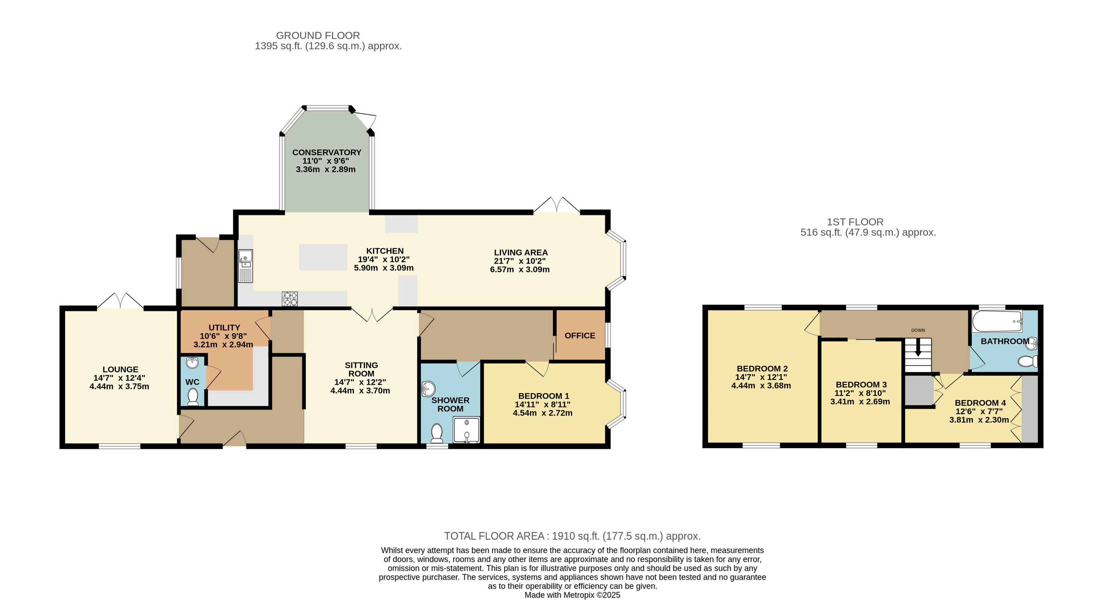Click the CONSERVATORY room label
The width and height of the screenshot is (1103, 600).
[327, 153]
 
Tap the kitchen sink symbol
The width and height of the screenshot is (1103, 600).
[246, 266]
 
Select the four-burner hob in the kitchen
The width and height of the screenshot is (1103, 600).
[290, 299]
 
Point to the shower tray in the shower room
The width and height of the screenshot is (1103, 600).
[466, 430]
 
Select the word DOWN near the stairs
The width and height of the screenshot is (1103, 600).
[918, 330]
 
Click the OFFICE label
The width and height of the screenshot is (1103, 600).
[580, 336]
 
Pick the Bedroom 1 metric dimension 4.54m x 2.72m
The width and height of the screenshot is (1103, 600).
[542, 413]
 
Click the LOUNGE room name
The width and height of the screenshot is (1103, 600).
[120, 369]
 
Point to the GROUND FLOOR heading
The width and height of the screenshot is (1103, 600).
[318, 36]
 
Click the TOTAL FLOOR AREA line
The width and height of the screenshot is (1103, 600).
[572, 536]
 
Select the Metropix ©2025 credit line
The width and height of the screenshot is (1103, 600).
[572, 595]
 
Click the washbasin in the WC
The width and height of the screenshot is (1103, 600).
[193, 363]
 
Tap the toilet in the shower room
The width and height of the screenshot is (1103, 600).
[437, 433]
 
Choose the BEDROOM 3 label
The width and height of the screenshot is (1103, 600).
[861, 385]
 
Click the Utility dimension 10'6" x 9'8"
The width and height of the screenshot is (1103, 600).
[223, 336]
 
